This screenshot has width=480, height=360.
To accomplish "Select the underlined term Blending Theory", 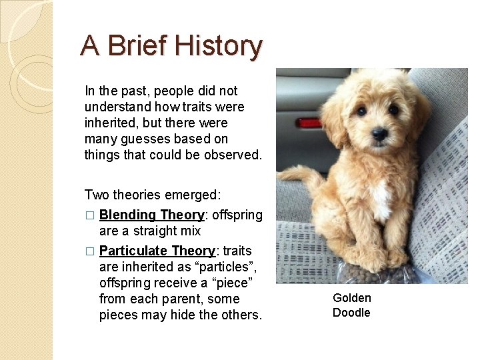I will point(151,215).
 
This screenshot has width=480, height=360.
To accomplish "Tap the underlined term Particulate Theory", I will point(157,251).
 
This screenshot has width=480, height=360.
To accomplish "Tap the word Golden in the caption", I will point(351,298).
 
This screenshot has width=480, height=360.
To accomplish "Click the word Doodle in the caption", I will point(351,313).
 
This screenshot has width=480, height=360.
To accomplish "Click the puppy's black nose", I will point(379,134).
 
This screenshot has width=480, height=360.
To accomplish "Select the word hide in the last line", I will point(192,315).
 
